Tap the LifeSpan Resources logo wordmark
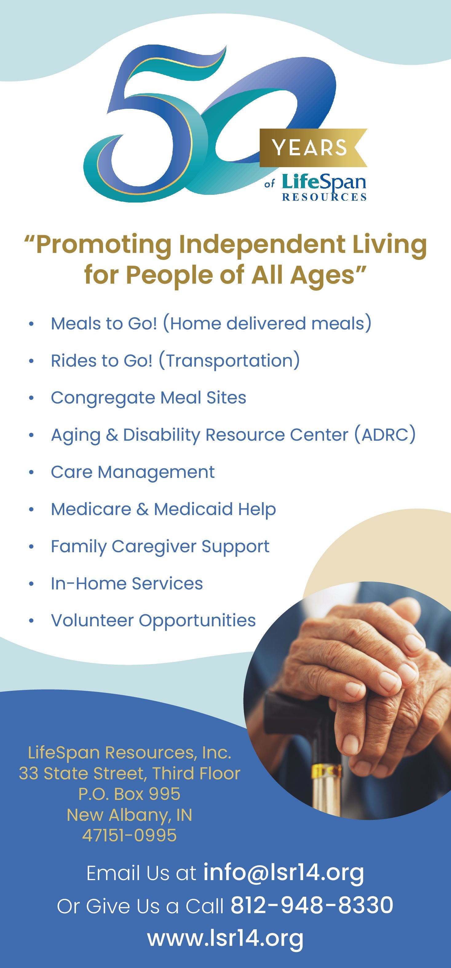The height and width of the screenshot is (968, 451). (324, 187)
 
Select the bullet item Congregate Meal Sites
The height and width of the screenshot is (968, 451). (148, 398)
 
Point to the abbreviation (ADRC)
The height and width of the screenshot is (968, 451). (385, 435)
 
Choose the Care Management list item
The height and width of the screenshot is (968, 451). (133, 472)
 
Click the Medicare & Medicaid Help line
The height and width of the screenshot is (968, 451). (164, 510)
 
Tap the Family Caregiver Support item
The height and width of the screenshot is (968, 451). (160, 547)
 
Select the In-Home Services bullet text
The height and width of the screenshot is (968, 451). (127, 584)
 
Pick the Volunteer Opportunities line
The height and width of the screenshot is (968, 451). (153, 621)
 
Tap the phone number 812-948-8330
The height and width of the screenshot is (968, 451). (312, 905)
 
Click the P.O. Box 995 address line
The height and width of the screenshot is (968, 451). (129, 794)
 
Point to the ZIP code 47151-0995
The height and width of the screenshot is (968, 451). (129, 835)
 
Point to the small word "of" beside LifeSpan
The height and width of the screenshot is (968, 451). (270, 184)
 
